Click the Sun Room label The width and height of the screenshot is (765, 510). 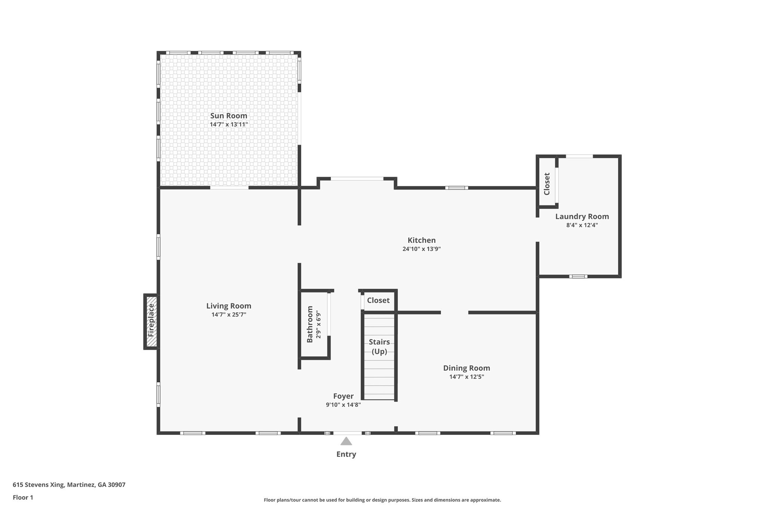click(x=229, y=116)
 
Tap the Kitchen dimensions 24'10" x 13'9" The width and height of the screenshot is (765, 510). click(x=421, y=249)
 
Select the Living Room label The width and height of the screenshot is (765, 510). click(x=229, y=306)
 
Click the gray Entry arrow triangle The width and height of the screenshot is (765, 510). click(x=346, y=442)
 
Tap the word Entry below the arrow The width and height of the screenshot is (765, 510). click(x=346, y=454)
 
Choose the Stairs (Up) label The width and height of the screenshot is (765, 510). click(x=379, y=346)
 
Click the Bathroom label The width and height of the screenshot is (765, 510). click(x=310, y=324)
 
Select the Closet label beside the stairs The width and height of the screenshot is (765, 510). click(x=378, y=300)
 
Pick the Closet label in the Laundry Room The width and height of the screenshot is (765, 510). click(x=547, y=183)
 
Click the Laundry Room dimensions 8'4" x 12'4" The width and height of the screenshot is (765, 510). click(x=582, y=225)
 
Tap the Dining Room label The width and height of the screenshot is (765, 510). click(x=467, y=368)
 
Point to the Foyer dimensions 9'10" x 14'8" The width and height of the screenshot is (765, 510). click(x=343, y=405)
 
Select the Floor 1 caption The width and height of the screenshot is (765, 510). click(x=23, y=497)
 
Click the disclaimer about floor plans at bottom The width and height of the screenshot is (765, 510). click(x=382, y=500)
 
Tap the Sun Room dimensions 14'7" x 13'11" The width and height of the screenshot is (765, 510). click(x=229, y=124)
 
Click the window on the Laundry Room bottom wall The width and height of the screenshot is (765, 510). click(x=578, y=276)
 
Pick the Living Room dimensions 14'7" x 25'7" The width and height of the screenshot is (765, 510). click(x=229, y=315)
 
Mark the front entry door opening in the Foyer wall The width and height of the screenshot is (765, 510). click(x=347, y=433)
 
